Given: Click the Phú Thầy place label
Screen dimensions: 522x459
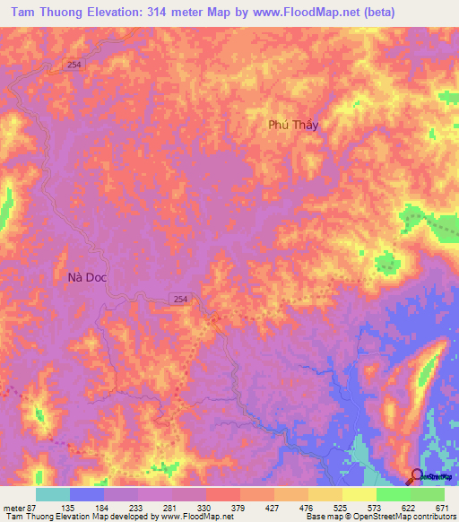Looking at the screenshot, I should [294, 126].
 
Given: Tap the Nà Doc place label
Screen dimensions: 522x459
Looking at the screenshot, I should [87, 277].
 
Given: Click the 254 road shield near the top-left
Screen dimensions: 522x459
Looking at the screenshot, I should [74, 65].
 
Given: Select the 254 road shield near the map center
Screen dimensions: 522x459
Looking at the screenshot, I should [180, 298].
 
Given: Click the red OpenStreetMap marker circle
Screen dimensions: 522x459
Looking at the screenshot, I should [418, 476].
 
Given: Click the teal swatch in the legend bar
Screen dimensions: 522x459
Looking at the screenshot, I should [53, 494].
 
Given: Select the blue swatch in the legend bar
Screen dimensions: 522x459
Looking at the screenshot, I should [87, 494].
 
